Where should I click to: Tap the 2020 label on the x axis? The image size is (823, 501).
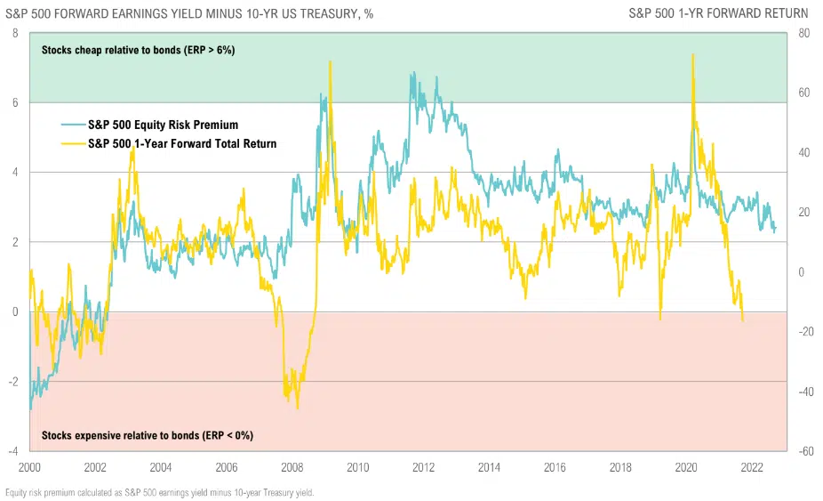686,466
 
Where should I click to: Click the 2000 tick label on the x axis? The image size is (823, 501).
29,466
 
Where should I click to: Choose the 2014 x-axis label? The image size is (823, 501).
489,466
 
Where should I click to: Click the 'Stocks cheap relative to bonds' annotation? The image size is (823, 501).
138,50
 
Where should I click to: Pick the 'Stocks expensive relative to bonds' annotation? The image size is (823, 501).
148,435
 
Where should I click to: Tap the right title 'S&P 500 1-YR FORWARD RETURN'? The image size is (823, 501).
718,13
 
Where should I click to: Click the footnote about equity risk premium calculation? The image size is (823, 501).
160,492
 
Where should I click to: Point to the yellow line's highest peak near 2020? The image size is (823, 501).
692,54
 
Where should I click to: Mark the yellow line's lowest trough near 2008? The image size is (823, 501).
298,408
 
